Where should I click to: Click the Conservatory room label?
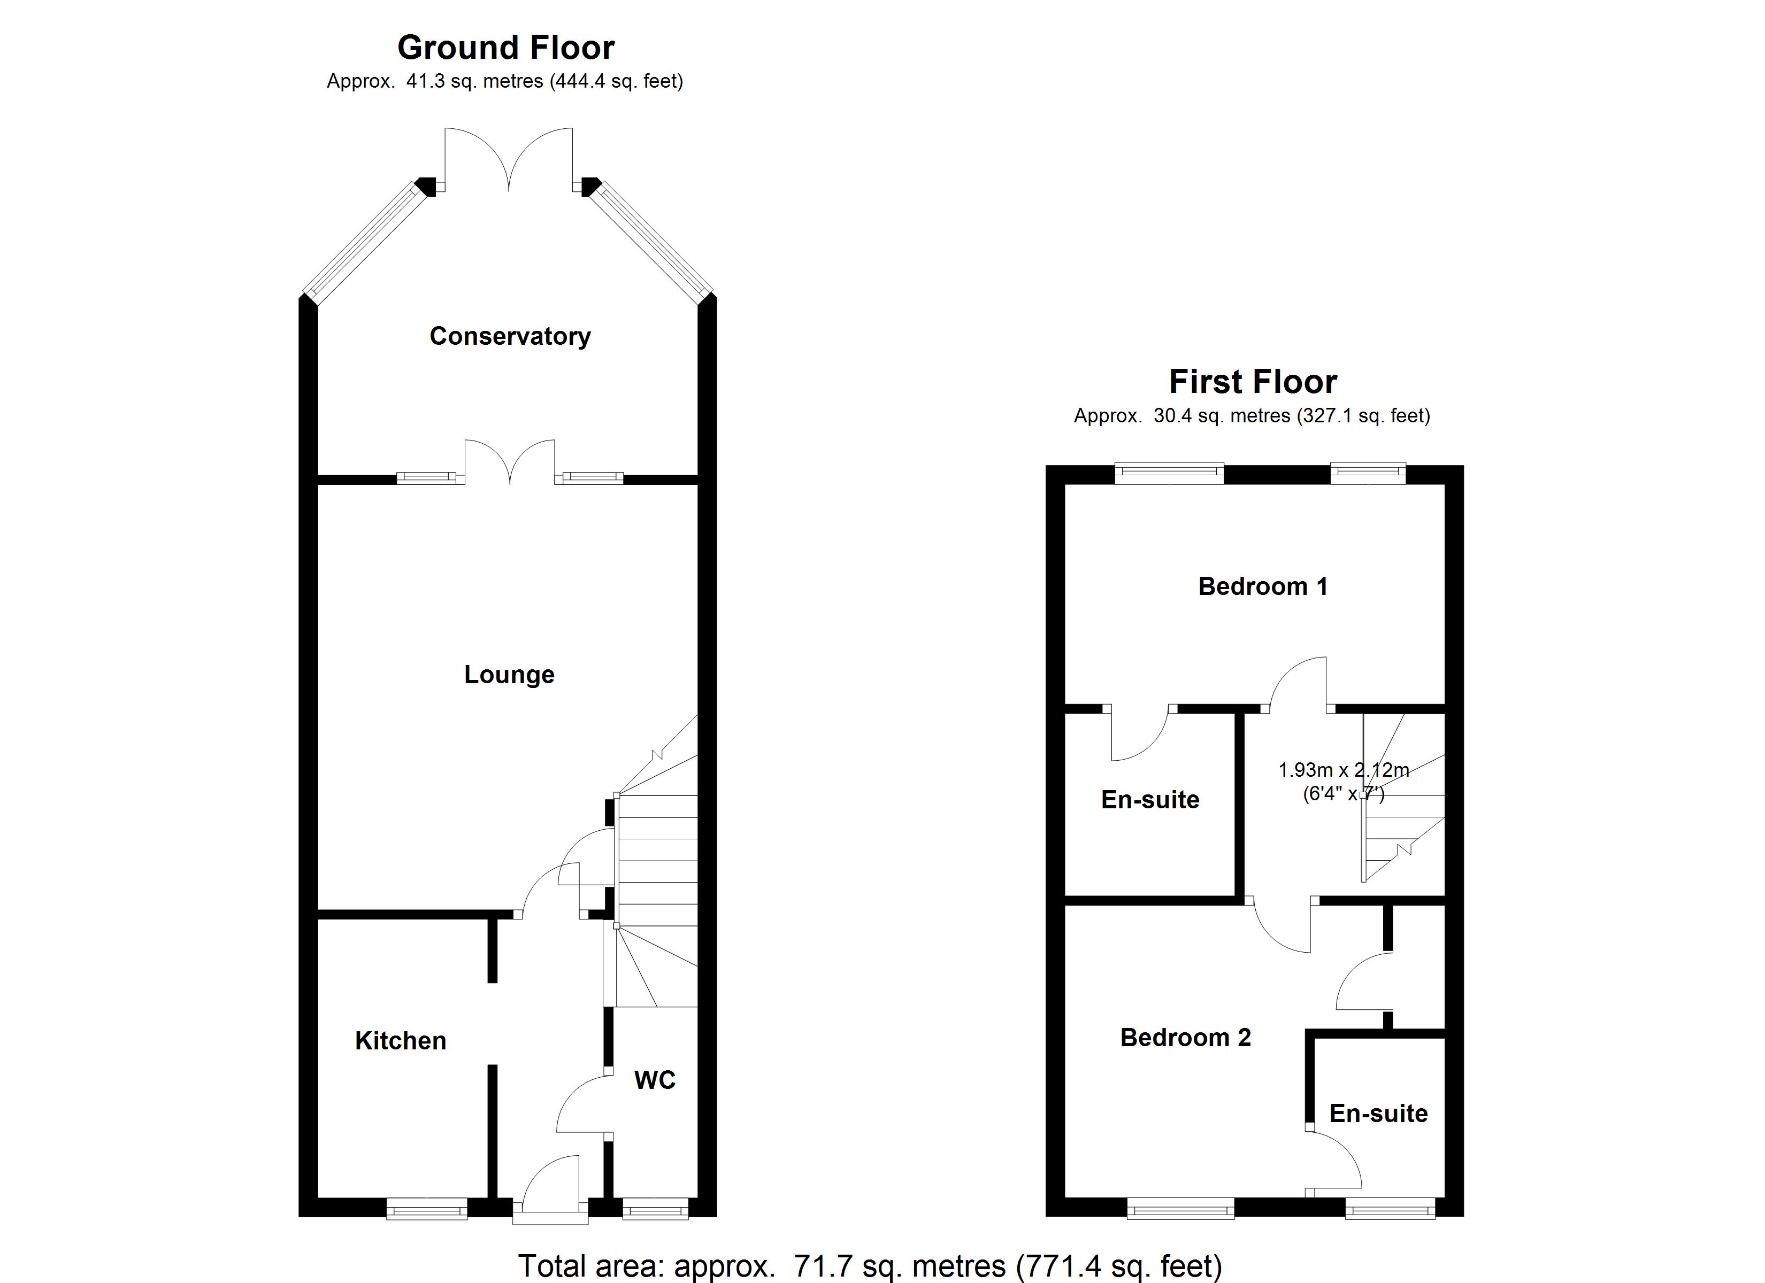click(x=510, y=336)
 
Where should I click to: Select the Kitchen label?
click(x=401, y=1041)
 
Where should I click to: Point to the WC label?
click(x=655, y=1080)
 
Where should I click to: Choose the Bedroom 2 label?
click(x=1185, y=1037)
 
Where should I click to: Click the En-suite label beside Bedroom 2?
click(x=1378, y=1114)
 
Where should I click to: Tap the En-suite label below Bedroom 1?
click(x=1150, y=799)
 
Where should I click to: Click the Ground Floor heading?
click(x=506, y=48)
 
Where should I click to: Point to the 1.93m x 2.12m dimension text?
click(x=1343, y=770)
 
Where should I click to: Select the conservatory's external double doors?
click(x=509, y=159)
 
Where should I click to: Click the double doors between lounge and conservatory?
click(x=510, y=461)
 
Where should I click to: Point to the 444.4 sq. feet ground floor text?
click(x=616, y=81)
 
